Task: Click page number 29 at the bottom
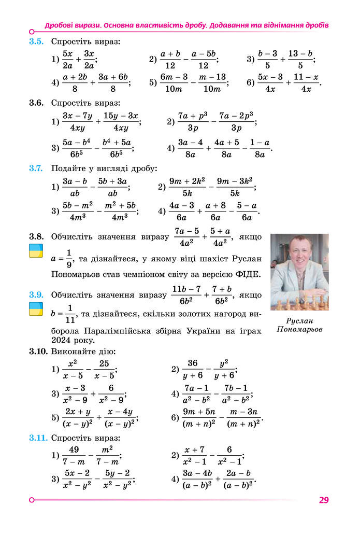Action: coord(324,500)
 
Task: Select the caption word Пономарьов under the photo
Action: coord(299,329)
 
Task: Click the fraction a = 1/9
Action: coord(62,258)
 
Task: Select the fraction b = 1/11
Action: coord(63,314)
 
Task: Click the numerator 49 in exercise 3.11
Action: coord(74,449)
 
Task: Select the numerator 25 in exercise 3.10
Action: coord(104,363)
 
